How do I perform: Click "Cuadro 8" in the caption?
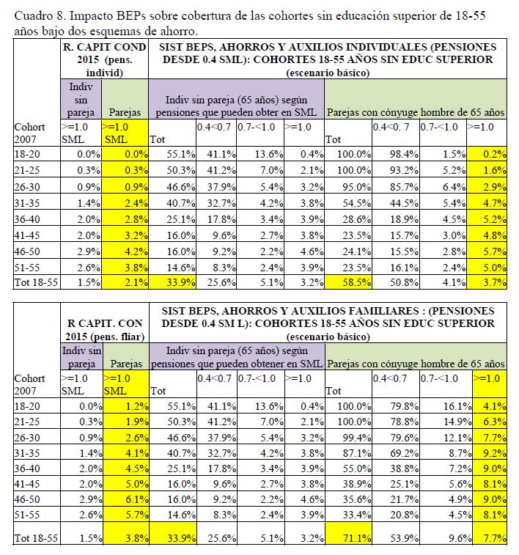tap(36, 15)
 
